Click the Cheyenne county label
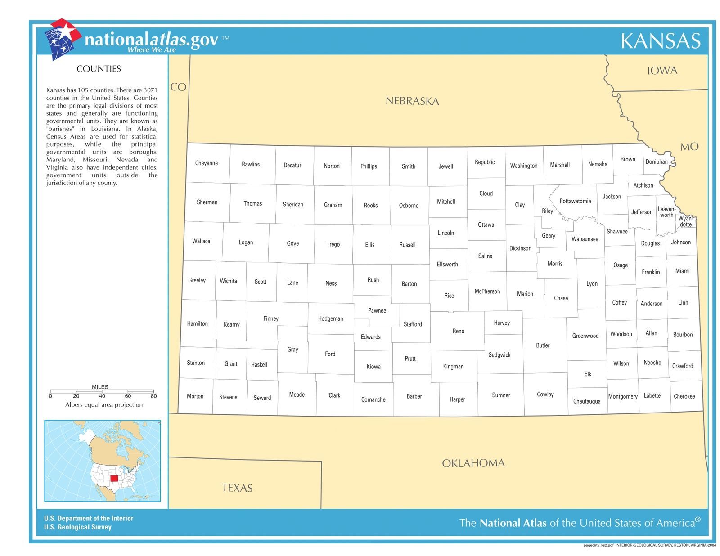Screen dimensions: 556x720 (206, 163)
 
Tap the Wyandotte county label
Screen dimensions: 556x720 (686, 221)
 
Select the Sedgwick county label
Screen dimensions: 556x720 (499, 355)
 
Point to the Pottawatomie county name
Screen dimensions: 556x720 (575, 201)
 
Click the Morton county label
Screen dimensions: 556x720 (195, 396)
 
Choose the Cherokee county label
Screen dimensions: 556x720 (684, 396)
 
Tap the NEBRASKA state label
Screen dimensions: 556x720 (412, 101)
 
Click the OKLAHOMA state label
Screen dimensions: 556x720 (473, 463)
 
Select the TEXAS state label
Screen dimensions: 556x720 (237, 488)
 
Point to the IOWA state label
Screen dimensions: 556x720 (662, 71)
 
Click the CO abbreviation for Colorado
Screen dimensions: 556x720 (178, 87)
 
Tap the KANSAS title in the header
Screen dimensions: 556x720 (660, 41)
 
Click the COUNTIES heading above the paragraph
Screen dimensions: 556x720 (99, 69)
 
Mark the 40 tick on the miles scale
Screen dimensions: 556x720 (102, 396)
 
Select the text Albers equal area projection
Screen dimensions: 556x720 (103, 405)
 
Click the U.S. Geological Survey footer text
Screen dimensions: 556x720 (77, 527)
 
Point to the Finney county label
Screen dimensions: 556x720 (270, 318)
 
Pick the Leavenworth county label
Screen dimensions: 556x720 (666, 212)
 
